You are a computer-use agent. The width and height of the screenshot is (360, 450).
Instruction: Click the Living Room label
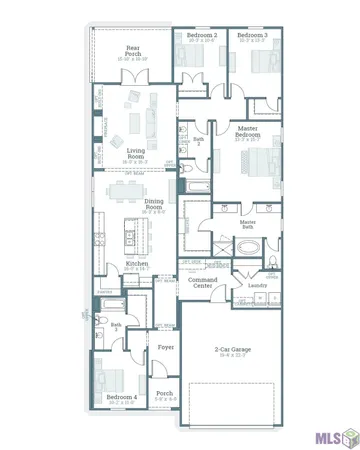tap(129, 152)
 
